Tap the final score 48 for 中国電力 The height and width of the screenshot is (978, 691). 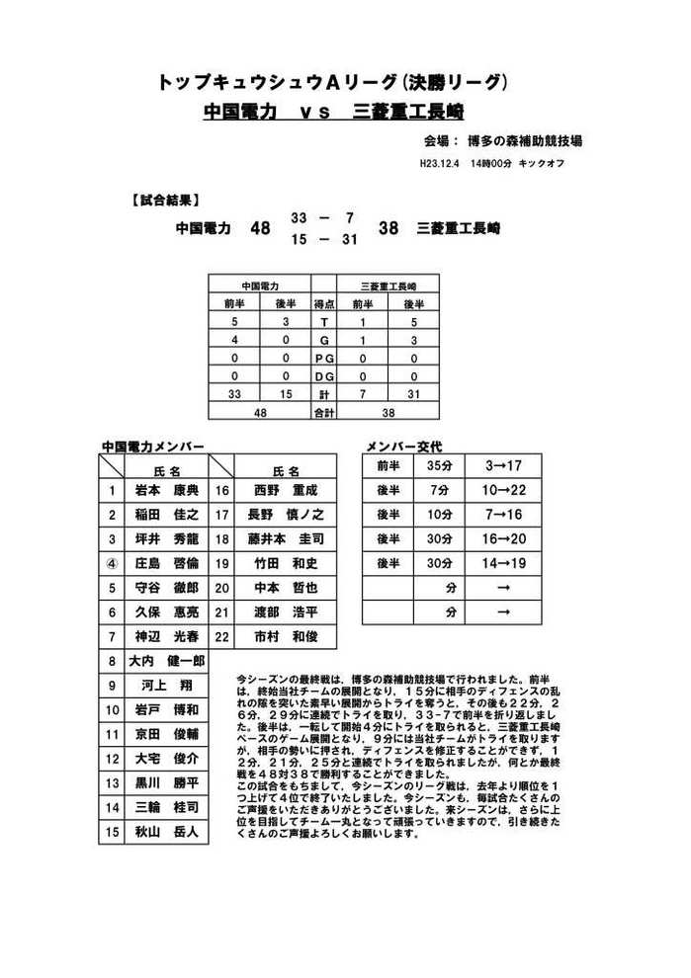260,228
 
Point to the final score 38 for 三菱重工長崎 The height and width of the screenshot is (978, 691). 389,228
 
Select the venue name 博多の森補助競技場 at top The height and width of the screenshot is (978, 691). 524,140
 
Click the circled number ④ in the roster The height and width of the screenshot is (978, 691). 112,563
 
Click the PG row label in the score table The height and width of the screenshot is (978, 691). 322,358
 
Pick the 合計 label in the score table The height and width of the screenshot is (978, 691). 322,412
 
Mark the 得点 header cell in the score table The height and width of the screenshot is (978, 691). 322,304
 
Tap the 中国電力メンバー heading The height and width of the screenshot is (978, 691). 153,447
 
